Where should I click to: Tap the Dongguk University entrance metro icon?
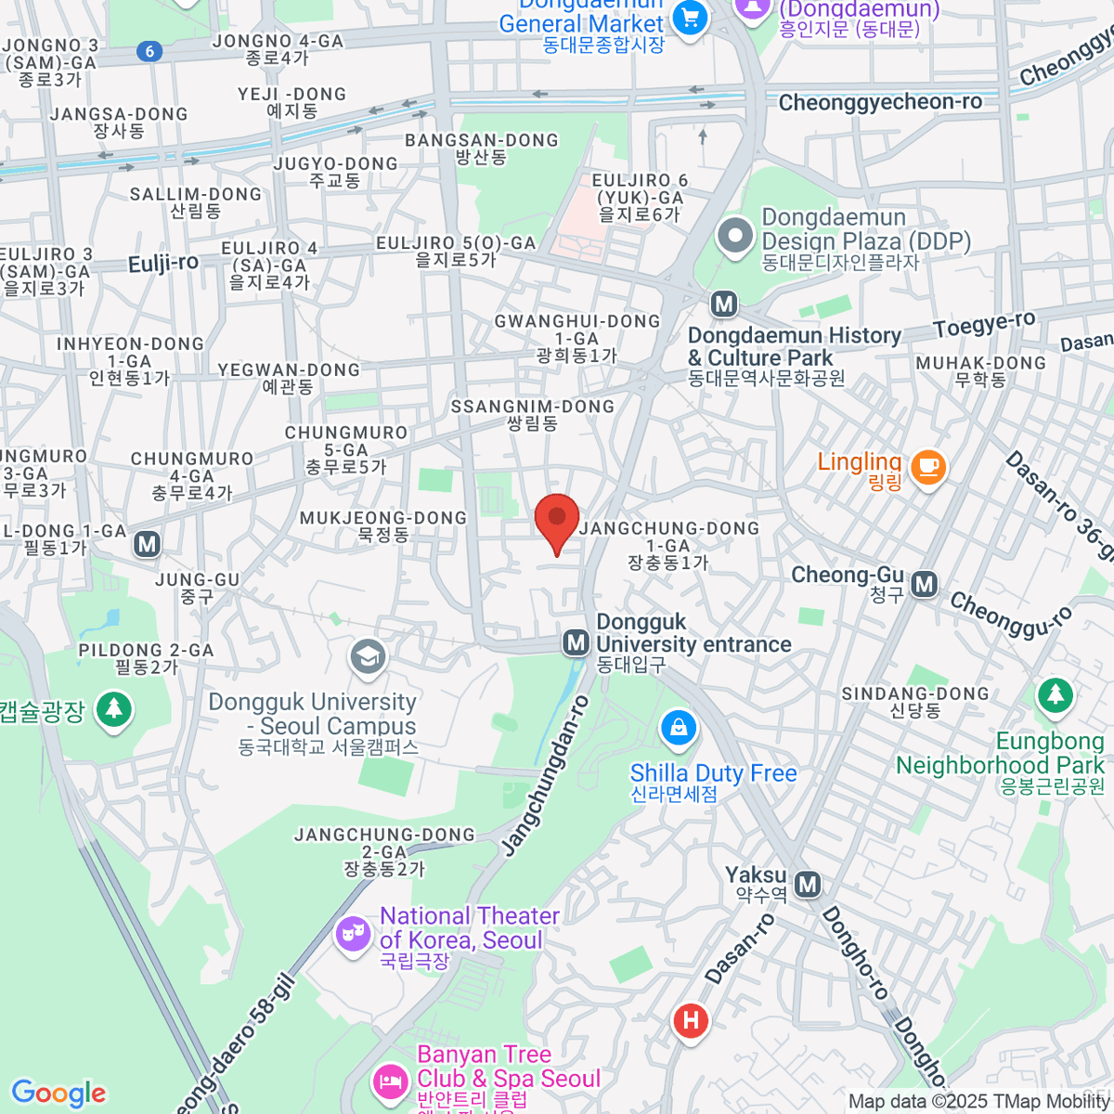pyautogui.click(x=576, y=641)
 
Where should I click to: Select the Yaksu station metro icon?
pyautogui.click(x=808, y=885)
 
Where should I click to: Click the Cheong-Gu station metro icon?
pyautogui.click(x=924, y=584)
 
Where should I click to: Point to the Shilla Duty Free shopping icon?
pyautogui.click(x=679, y=729)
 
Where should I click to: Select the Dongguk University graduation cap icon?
pyautogui.click(x=368, y=656)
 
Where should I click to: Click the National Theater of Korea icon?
pyautogui.click(x=353, y=932)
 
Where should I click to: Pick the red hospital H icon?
pyautogui.click(x=691, y=1021)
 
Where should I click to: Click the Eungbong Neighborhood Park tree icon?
pyautogui.click(x=1055, y=695)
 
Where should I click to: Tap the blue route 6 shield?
pyautogui.click(x=150, y=51)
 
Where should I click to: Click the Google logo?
pyautogui.click(x=58, y=1094)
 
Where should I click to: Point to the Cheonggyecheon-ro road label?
pyautogui.click(x=879, y=102)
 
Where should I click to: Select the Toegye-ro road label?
pyautogui.click(x=984, y=325)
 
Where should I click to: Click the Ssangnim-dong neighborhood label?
pyautogui.click(x=533, y=414)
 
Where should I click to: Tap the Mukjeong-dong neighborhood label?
pyautogui.click(x=383, y=525)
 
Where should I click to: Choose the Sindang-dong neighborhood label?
pyautogui.click(x=914, y=702)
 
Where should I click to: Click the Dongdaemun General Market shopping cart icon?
pyautogui.click(x=690, y=18)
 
